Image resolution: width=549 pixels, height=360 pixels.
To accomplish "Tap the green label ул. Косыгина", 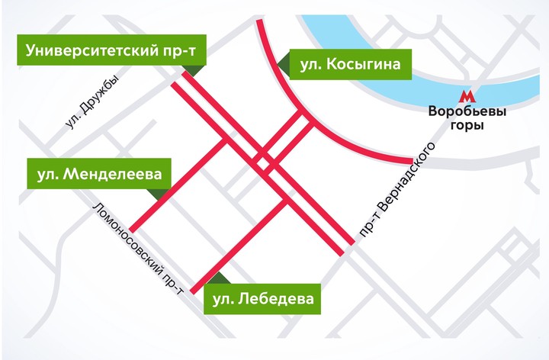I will (x=350, y=64).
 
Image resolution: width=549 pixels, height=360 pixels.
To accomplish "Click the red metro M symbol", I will (x=467, y=98).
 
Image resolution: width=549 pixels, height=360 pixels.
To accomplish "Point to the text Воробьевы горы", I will (x=467, y=118).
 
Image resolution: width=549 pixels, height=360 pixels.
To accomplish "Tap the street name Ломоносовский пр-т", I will (x=137, y=249).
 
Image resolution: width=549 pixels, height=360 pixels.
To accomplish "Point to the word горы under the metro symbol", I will (x=467, y=125).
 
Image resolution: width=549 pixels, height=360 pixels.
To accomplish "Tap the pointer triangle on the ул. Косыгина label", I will (x=282, y=67).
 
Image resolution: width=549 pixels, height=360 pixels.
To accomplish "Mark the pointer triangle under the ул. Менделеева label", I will (x=158, y=194).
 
